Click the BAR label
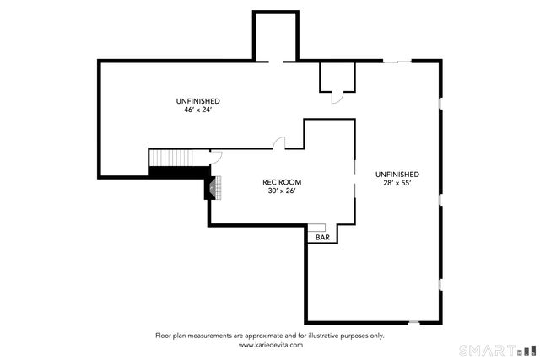pyautogui.click(x=322, y=237)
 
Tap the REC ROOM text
pyautogui.click(x=282, y=182)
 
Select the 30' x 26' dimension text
pyautogui.click(x=282, y=191)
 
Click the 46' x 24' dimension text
pyautogui.click(x=197, y=110)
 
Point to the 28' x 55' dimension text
pyautogui.click(x=397, y=183)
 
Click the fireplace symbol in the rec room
pyautogui.click(x=213, y=187)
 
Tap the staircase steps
pyautogui.click(x=171, y=158)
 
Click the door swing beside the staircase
pyautogui.click(x=217, y=157)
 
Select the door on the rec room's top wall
pyautogui.click(x=279, y=142)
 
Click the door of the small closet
pyautogui.click(x=337, y=98)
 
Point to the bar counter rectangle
pyautogui.click(x=316, y=228)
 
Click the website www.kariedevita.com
pyautogui.click(x=271, y=345)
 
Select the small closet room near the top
pyautogui.click(x=337, y=77)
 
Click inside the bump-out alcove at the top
pyautogui.click(x=276, y=36)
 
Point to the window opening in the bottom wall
pyautogui.click(x=414, y=323)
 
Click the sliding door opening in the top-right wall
pyautogui.click(x=397, y=62)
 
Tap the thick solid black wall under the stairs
pyautogui.click(x=179, y=172)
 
